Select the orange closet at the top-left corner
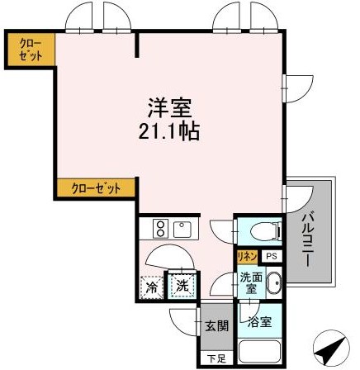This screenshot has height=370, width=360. coord(30,48)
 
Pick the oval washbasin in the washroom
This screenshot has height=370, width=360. coord(276,285)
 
